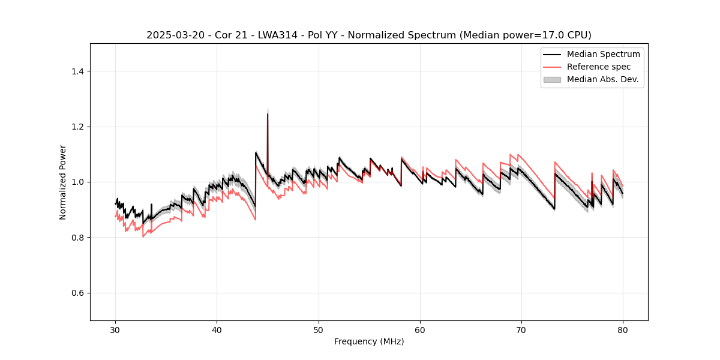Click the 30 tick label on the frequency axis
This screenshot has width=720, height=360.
point(116,330)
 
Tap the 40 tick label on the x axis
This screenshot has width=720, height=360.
point(217,330)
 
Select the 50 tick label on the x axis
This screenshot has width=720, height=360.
point(319,330)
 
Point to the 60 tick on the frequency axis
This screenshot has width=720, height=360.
point(420,330)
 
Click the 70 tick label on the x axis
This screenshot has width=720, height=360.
point(521,330)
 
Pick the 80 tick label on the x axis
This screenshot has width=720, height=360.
point(623,330)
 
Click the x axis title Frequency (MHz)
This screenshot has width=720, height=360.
point(369,341)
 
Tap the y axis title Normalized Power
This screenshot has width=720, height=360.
point(62,182)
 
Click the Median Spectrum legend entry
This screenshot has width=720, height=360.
point(603,55)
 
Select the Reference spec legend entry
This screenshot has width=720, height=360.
point(599,67)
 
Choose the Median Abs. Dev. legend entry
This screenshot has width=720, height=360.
point(602,79)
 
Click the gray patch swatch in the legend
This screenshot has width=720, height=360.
point(552,79)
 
